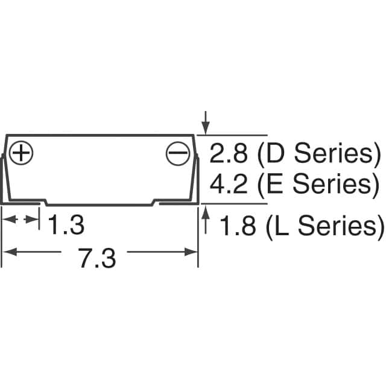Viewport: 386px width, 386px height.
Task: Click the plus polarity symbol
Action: click(21, 153)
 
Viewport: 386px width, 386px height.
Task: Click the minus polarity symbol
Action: click(178, 153)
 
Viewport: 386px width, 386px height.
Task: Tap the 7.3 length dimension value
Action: click(97, 258)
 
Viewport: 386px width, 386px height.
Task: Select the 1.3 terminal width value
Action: click(66, 224)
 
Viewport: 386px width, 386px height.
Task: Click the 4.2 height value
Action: click(228, 183)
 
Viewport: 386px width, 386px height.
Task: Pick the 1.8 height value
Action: click(237, 225)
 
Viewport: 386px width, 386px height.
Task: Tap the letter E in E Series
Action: click(274, 183)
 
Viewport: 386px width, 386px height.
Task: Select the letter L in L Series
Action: click(282, 225)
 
